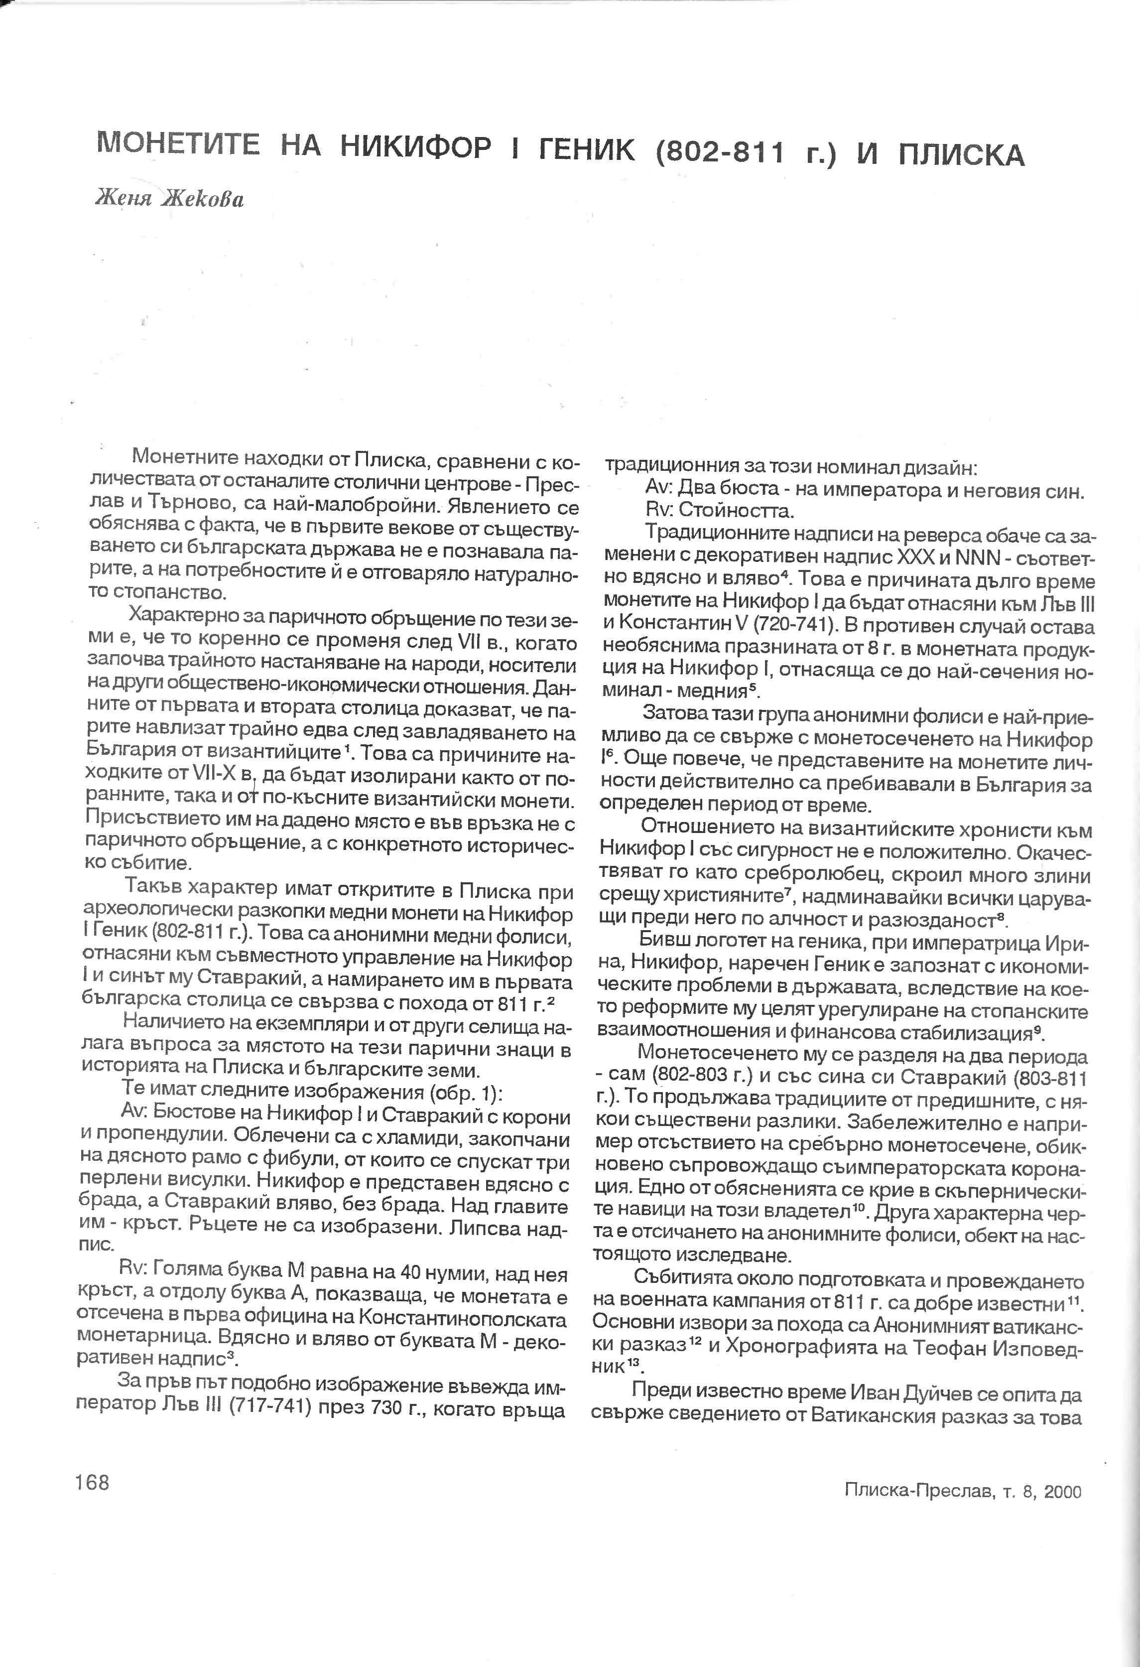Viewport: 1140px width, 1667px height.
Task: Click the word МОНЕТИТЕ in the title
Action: (x=178, y=145)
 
